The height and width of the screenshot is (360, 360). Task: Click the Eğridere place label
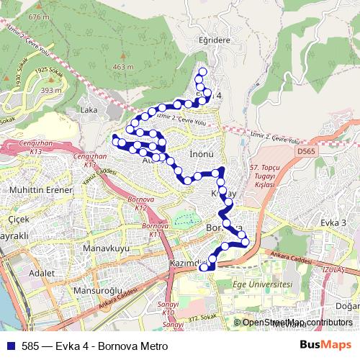215,40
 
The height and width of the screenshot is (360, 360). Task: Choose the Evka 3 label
339,223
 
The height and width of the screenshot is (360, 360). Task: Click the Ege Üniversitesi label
263,285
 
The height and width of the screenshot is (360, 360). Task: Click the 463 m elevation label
124,67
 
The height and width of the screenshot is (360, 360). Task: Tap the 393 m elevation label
50,90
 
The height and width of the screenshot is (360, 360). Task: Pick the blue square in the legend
9,346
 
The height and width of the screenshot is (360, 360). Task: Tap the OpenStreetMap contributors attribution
297,323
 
